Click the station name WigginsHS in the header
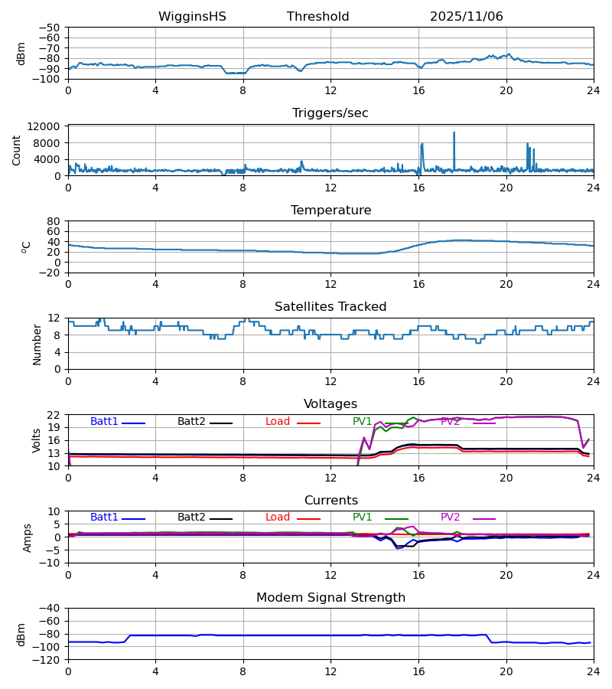(x=192, y=17)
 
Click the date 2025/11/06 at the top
(x=466, y=17)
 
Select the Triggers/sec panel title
(x=330, y=113)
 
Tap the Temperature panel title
(x=330, y=211)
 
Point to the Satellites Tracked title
(x=330, y=307)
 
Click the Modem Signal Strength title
(x=330, y=598)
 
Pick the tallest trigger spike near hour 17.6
(x=454, y=133)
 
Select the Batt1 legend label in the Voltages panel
(x=104, y=422)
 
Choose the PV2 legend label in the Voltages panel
(x=450, y=422)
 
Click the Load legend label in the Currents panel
(x=278, y=518)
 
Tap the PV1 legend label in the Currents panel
(x=362, y=518)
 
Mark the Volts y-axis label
(x=37, y=440)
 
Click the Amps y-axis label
(x=29, y=537)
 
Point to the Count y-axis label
(x=17, y=150)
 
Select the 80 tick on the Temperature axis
(x=54, y=221)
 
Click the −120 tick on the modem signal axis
(x=47, y=660)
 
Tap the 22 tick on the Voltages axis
(x=54, y=415)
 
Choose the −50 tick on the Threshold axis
(x=50, y=28)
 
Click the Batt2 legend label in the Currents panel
(x=191, y=518)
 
